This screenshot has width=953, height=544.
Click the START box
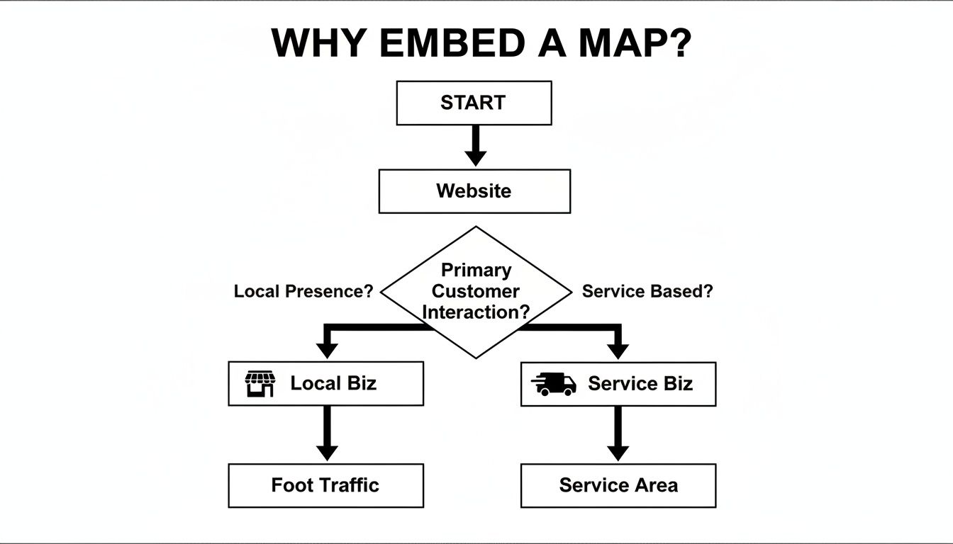coord(474,103)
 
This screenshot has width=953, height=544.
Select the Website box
coord(474,191)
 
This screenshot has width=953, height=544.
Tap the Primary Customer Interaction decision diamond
coord(476,292)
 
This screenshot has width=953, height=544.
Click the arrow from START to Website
coord(475,146)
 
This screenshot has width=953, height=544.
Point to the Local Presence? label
coord(303,291)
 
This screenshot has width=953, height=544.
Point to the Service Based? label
coord(647,291)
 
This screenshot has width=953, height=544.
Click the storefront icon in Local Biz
coord(260,383)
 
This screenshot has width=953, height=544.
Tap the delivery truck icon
coord(554,383)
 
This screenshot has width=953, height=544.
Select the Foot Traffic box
coord(325,486)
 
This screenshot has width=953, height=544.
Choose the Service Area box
coord(618,486)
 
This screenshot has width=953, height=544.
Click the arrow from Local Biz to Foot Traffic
coord(326,433)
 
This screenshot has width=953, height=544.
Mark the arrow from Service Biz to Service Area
coord(618,433)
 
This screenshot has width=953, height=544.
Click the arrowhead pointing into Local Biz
coord(326,350)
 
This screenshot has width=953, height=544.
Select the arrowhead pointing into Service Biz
coord(618,350)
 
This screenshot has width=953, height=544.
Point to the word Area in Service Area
coord(655,485)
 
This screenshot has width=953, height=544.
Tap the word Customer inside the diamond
coord(476,291)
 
